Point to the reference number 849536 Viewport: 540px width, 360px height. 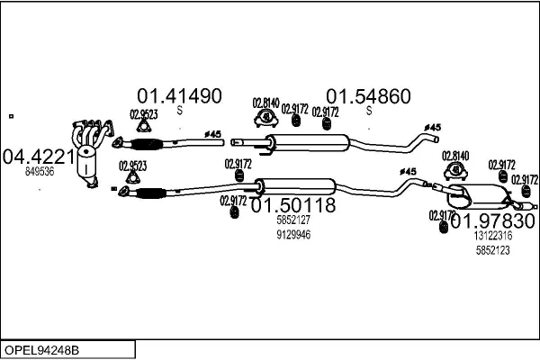tap(40, 170)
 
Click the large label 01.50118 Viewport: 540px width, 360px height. tap(292, 205)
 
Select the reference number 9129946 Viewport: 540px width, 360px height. tap(293, 235)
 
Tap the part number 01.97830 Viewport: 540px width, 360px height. tap(492, 220)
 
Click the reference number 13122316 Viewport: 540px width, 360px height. tap(492, 236)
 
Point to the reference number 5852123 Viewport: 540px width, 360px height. tap(492, 250)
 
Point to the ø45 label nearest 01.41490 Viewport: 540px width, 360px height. tap(213, 134)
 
